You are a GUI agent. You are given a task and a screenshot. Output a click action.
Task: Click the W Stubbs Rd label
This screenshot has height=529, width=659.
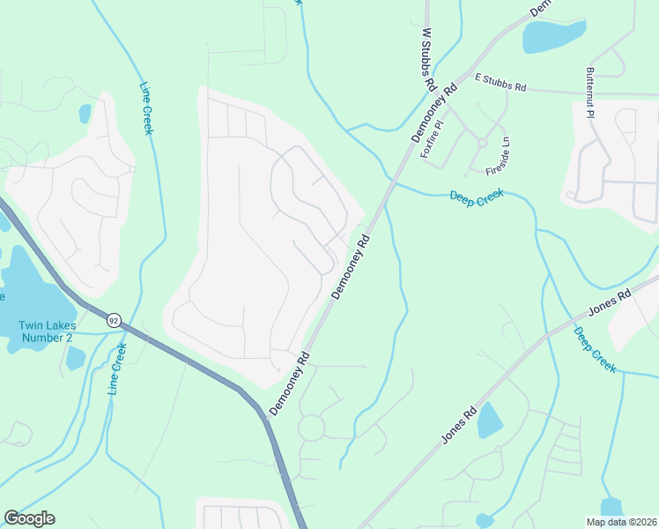(429, 61)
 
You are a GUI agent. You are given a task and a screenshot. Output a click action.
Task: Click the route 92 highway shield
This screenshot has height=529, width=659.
(114, 321)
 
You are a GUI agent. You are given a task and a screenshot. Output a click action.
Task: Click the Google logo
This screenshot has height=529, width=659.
(29, 518)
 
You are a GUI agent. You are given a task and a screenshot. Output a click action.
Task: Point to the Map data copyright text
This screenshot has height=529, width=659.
(621, 522)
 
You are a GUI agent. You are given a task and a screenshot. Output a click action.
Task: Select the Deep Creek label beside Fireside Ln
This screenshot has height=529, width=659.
(477, 198)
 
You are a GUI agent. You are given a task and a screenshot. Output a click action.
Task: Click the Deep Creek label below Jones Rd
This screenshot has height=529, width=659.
(595, 350)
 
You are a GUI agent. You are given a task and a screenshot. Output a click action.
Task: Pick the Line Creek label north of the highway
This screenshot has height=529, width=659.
(147, 108)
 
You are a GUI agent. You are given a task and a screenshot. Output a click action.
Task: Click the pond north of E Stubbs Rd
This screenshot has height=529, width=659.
(553, 36)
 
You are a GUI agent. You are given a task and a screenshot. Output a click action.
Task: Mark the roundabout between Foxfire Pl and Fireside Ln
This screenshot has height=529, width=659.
(482, 142)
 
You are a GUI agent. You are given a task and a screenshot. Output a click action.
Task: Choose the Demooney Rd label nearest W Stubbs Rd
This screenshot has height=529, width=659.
(436, 113)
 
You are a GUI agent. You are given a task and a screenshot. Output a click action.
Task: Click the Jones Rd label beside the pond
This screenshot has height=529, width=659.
(459, 424)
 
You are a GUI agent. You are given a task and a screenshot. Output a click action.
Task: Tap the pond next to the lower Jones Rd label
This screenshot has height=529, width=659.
(489, 421)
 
